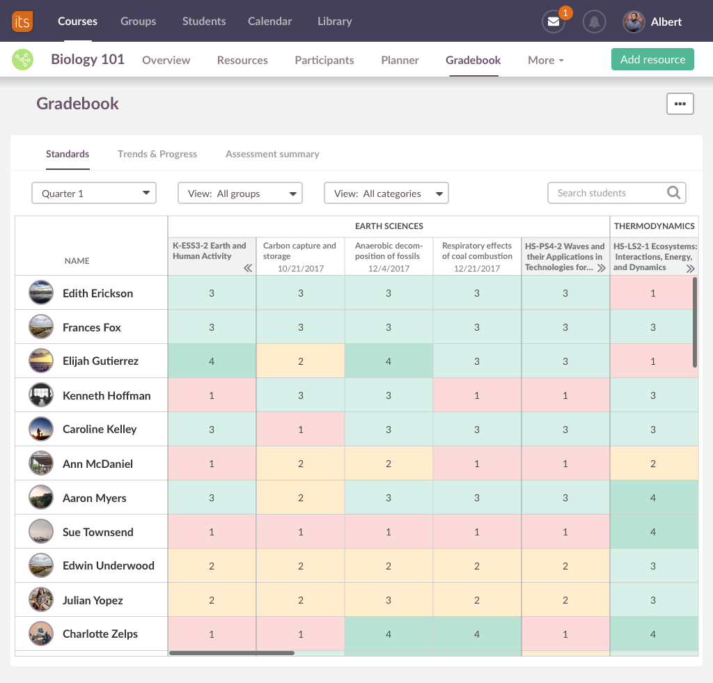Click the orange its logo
point(22,22)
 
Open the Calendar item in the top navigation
point(269,22)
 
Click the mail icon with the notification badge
point(554,22)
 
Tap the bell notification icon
point(594,22)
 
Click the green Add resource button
point(652,59)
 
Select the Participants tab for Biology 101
point(324,60)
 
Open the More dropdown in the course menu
point(545,60)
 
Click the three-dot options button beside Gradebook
point(680,104)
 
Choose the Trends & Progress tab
point(157,154)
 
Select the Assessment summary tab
point(272,154)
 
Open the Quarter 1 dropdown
point(94,193)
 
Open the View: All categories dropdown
point(386,193)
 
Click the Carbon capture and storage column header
point(300,251)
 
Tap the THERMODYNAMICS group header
point(654,226)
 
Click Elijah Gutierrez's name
point(100,361)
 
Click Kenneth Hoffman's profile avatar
point(41,395)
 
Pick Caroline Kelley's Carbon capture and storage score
point(301,430)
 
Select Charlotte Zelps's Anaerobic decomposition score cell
point(389,634)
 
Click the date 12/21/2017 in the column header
point(477,268)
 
